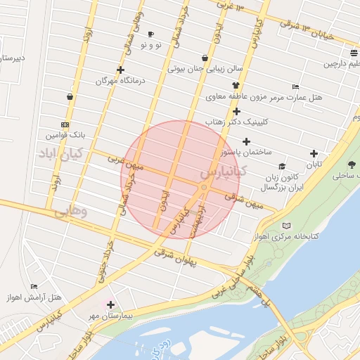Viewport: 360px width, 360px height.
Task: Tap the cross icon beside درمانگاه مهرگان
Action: [121, 70]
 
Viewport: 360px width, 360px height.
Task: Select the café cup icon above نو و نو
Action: [150, 34]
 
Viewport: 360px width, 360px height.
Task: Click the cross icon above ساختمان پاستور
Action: [246, 141]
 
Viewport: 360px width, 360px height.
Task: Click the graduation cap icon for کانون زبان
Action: [282, 167]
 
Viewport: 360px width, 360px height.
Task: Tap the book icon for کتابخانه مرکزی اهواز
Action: [285, 226]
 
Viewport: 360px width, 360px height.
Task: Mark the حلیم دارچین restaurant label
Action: [340, 64]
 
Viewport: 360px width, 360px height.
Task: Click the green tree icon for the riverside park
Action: [352, 165]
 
